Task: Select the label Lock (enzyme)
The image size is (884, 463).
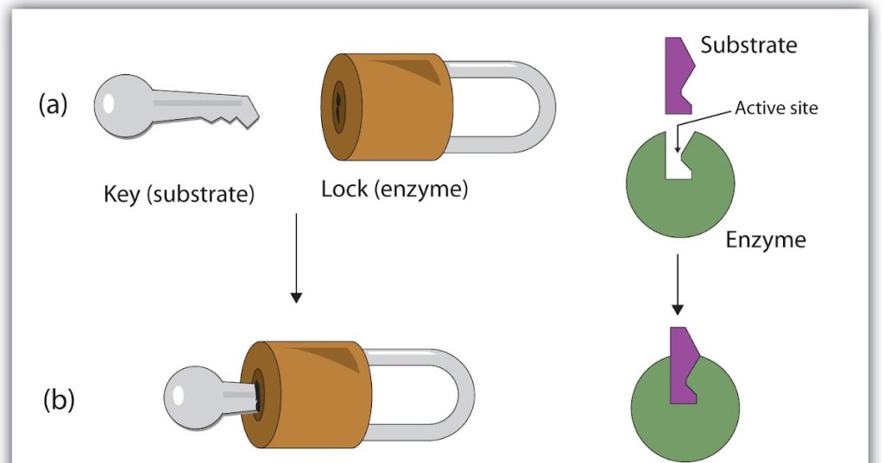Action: point(395,189)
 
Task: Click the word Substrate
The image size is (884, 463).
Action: point(748,46)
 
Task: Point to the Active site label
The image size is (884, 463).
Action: point(776,109)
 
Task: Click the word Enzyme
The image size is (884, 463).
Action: point(766,240)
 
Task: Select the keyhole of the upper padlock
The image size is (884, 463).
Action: point(338,109)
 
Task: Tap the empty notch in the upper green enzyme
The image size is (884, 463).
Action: point(678,160)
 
